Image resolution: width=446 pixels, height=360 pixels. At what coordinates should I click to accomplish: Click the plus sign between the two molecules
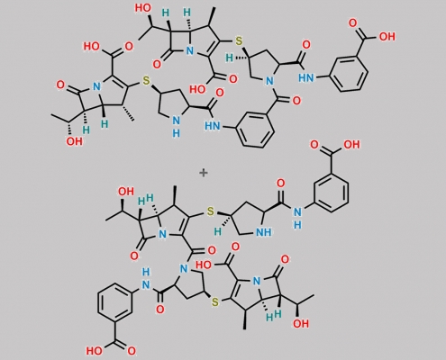tap(204, 173)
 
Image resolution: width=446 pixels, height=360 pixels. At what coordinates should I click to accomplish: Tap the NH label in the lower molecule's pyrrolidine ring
tap(263, 232)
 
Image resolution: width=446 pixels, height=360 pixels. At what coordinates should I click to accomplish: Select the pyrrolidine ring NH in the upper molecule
tap(177, 126)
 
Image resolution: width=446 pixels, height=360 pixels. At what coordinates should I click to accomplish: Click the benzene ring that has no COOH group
tap(255, 130)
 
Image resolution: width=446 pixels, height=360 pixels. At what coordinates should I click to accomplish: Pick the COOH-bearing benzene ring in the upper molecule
tap(349, 73)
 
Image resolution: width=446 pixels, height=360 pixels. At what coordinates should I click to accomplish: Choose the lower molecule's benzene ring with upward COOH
tap(331, 193)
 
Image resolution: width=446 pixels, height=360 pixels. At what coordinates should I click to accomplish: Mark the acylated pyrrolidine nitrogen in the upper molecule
tap(269, 81)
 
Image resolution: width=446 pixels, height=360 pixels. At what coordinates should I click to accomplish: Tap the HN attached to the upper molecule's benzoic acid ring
tap(306, 78)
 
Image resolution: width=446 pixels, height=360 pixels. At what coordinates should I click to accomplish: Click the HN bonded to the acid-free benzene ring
tap(212, 126)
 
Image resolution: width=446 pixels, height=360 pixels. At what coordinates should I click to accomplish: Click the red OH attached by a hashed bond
tap(74, 141)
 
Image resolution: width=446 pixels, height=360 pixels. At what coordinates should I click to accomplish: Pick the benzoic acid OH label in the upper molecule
tap(387, 37)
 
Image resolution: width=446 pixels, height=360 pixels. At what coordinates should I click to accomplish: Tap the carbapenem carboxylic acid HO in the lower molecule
tap(204, 265)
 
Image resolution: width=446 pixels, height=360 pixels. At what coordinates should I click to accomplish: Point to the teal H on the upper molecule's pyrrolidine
tap(229, 58)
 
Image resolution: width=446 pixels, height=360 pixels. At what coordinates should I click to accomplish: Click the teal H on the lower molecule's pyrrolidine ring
tap(218, 231)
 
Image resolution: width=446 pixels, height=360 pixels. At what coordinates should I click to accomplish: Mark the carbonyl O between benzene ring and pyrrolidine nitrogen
tap(296, 100)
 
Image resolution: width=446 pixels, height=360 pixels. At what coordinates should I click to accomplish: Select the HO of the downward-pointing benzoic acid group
tap(94, 350)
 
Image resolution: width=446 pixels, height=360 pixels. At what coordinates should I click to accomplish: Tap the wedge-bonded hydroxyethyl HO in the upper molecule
tap(142, 8)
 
